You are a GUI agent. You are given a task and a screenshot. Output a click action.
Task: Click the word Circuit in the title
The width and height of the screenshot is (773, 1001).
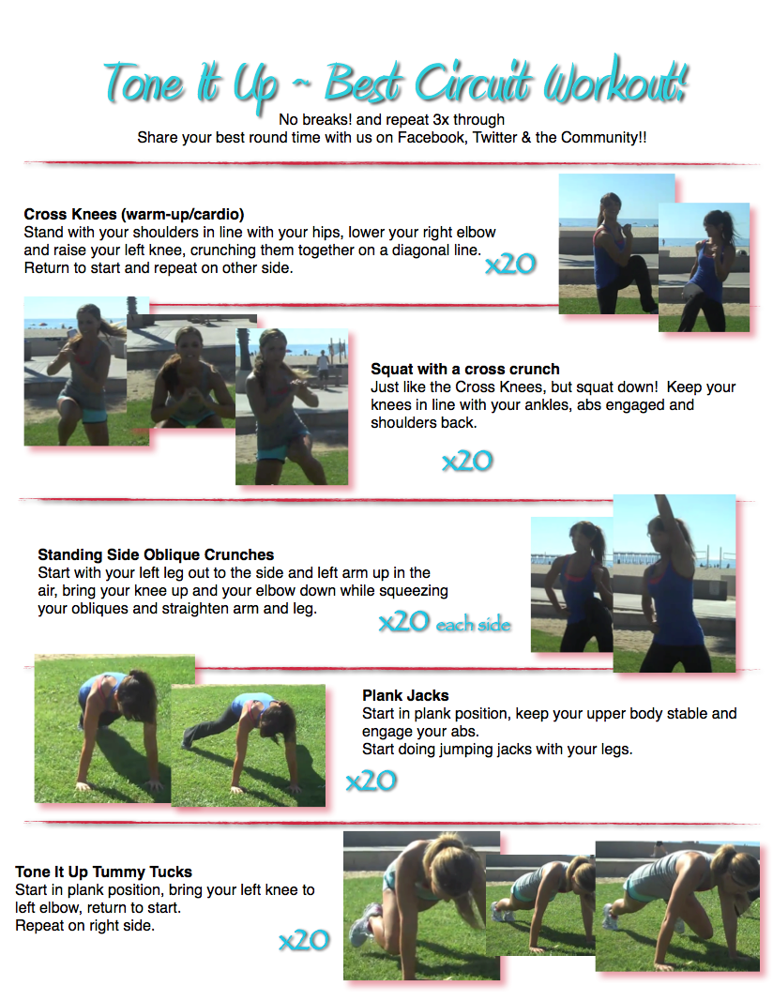coord(473,83)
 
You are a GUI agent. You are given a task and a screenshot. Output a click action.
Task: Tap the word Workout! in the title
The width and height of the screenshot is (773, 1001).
coord(616,80)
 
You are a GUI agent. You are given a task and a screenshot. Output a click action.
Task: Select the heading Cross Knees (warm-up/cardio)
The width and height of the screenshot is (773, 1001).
coord(134,214)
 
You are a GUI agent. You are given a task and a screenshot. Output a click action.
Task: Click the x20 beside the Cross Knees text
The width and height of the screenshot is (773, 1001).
coord(510,264)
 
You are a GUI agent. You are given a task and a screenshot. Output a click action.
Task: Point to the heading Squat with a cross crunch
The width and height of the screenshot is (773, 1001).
coord(465,369)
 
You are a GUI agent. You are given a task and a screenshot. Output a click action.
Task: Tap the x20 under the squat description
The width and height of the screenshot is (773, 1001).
coord(467,461)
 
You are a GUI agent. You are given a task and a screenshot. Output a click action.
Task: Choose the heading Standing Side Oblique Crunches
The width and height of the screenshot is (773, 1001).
coord(156,554)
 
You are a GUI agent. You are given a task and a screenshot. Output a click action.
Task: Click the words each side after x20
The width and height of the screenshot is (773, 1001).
coord(474,624)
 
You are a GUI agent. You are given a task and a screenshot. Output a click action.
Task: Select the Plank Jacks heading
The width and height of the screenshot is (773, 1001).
coord(405,695)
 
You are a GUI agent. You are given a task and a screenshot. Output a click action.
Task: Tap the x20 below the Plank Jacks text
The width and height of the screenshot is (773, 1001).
coord(371,781)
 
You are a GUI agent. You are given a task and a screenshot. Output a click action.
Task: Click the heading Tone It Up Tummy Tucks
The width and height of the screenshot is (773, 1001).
coord(103,872)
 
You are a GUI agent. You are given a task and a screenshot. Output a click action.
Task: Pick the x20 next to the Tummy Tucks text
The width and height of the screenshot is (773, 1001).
coord(304,940)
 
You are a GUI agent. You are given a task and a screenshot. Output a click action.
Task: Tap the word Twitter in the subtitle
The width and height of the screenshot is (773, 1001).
coord(494,137)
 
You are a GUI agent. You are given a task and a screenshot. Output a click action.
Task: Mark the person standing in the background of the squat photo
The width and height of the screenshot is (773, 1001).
coord(324,369)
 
